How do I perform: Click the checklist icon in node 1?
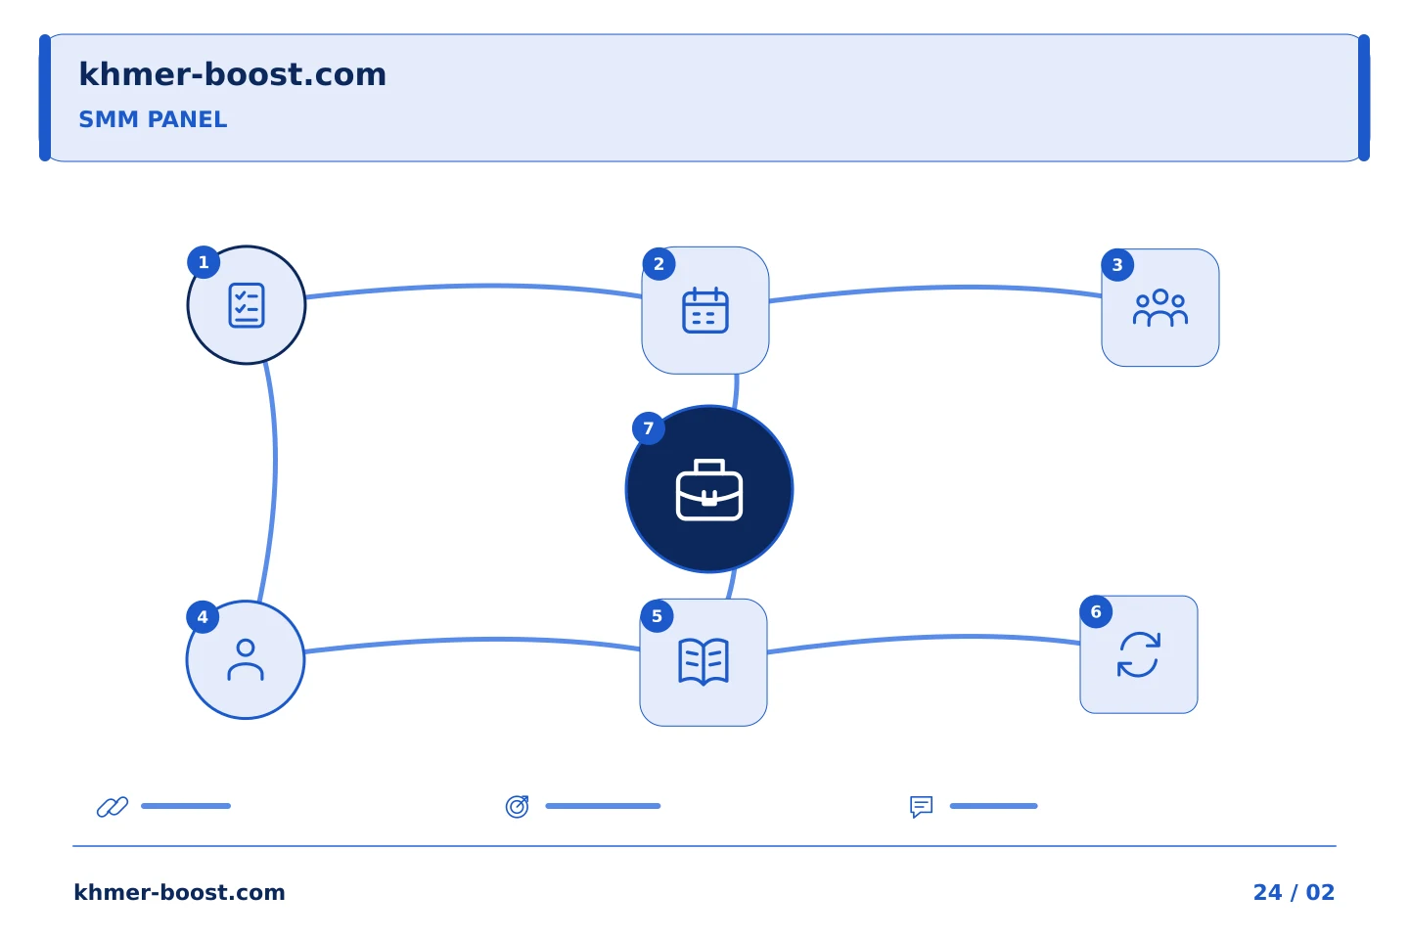[x=247, y=305]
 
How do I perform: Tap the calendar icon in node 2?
[x=705, y=310]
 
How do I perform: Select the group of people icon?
[x=1159, y=307]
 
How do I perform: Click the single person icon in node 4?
[x=246, y=660]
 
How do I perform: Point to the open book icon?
[x=704, y=661]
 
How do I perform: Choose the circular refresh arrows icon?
[x=1139, y=654]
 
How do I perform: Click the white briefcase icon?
[x=708, y=490]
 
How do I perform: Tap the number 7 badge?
[x=649, y=428]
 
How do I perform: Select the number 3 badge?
[x=1117, y=265]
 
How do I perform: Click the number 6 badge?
[x=1096, y=611]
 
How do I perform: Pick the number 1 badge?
[x=204, y=262]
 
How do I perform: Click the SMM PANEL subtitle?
[x=153, y=119]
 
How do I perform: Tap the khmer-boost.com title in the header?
[x=232, y=74]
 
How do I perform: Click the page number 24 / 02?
[x=1294, y=892]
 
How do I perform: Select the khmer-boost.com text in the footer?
[x=179, y=892]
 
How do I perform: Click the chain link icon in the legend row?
[x=113, y=806]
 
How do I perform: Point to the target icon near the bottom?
[x=517, y=806]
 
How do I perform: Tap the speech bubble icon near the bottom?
[x=922, y=807]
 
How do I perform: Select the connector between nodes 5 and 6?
[x=925, y=639]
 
